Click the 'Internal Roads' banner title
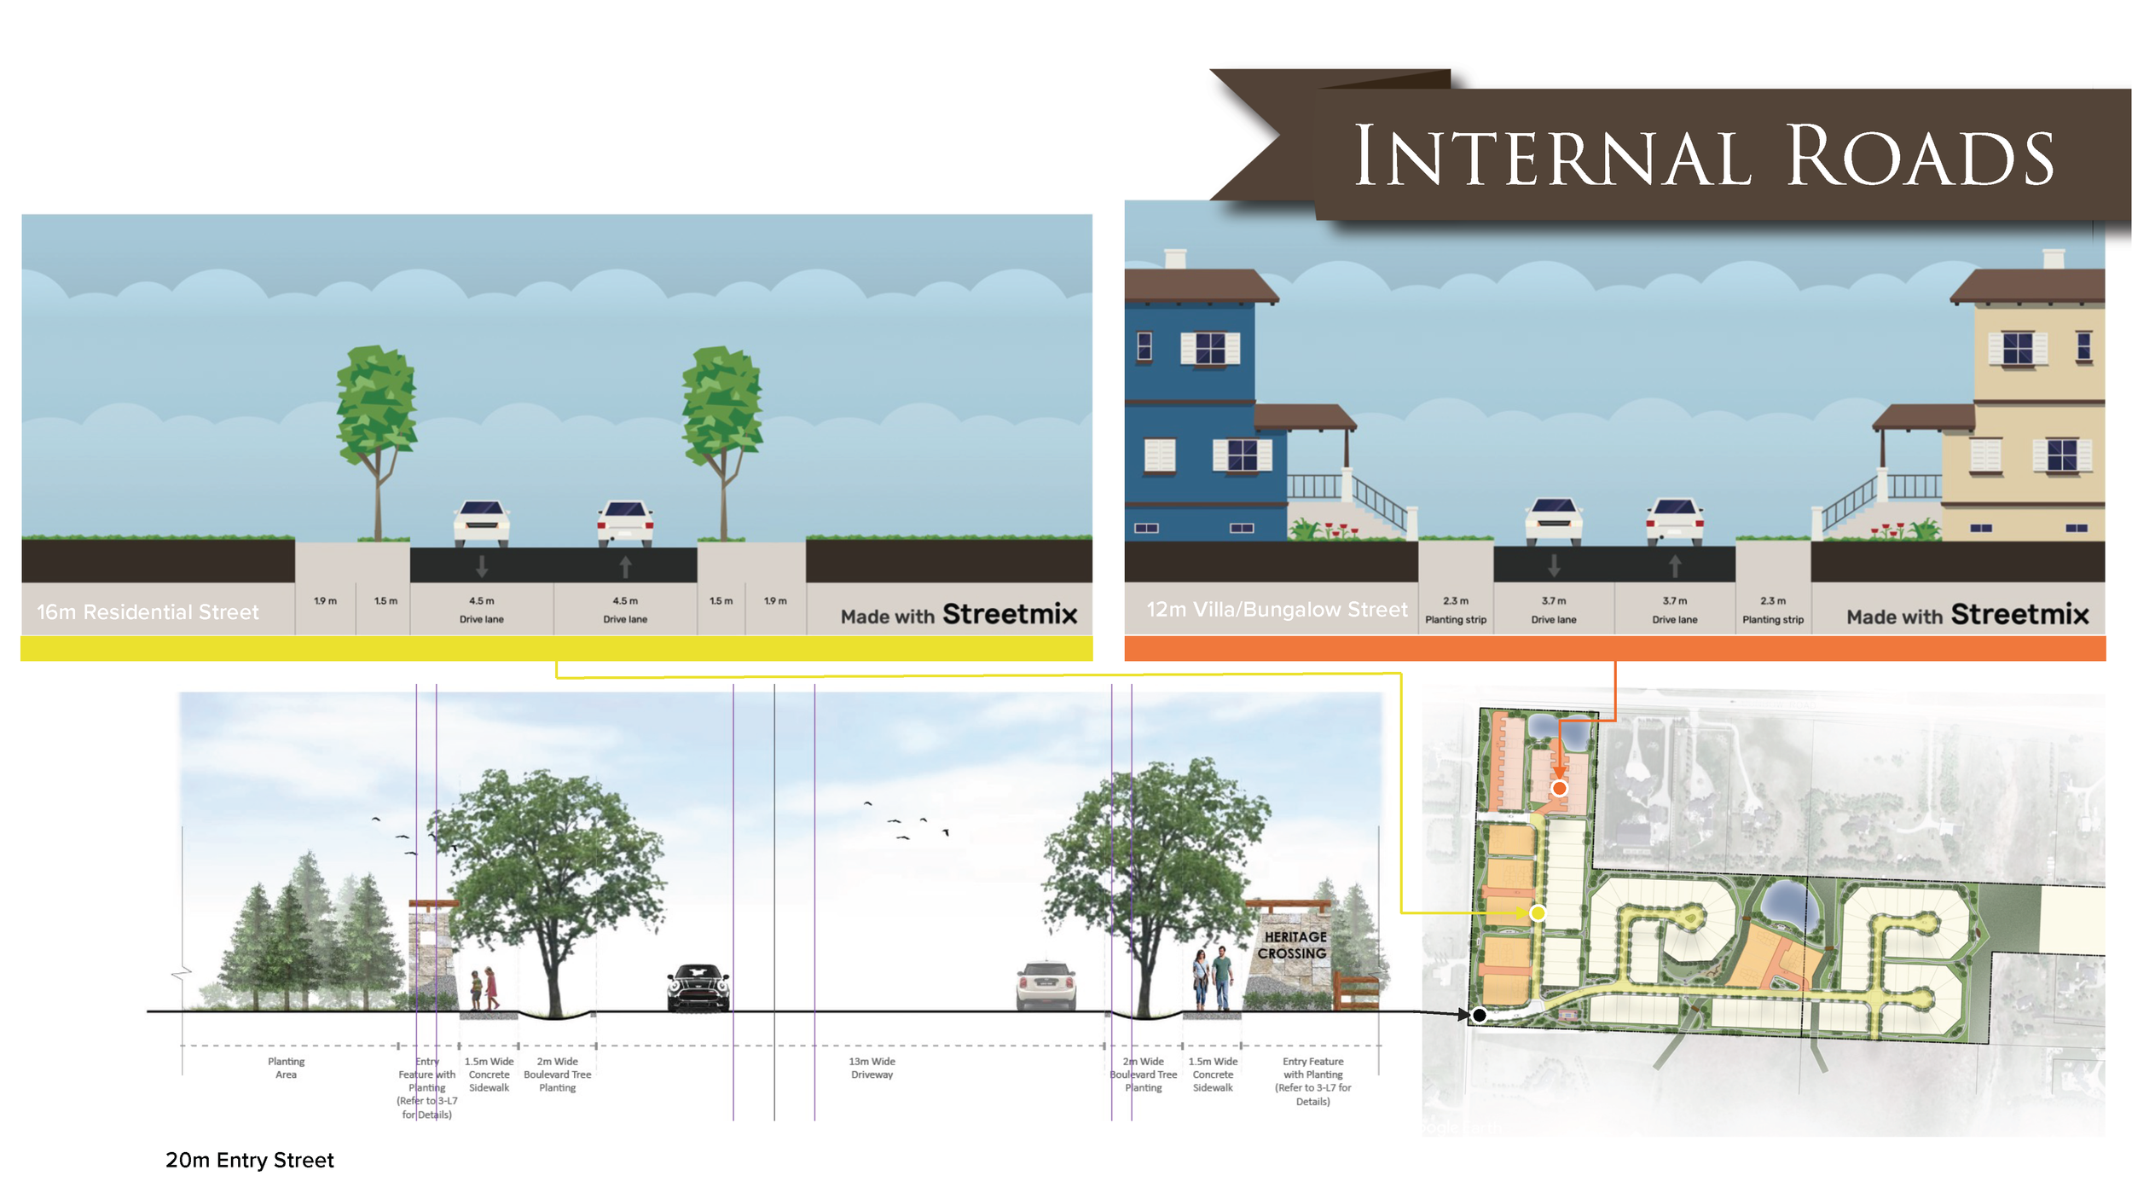point(1703,155)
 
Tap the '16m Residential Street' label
point(148,611)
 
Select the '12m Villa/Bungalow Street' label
point(1277,609)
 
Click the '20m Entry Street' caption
point(249,1160)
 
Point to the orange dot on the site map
point(1559,788)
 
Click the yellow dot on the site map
point(1538,913)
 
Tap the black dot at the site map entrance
point(1480,1015)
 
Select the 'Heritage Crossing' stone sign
point(1292,946)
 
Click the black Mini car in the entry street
point(698,988)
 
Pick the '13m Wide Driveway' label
point(872,1068)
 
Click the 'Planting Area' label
point(286,1068)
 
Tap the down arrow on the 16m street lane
point(482,566)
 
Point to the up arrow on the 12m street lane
point(1675,566)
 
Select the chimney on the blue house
point(1175,258)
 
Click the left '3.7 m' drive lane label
point(1553,601)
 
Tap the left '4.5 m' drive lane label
point(481,601)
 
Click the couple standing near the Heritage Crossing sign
point(1212,978)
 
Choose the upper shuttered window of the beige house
point(2018,348)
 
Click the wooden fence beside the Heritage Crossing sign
point(1356,991)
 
